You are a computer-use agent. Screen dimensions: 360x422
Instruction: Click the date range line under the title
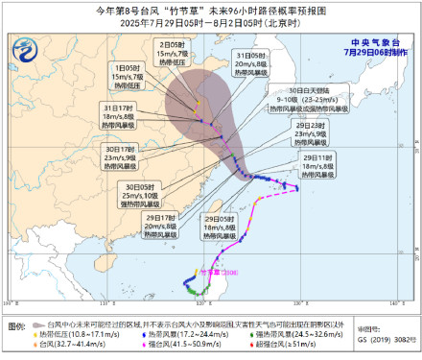[211, 21]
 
